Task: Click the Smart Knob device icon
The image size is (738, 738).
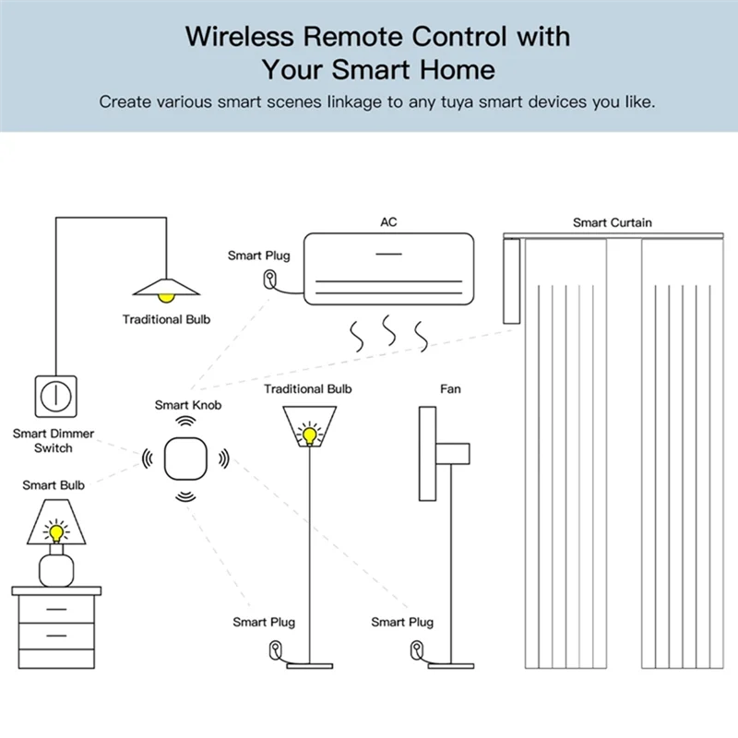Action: pos(187,458)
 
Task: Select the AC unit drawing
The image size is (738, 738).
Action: pos(389,268)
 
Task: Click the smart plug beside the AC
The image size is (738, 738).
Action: pos(270,279)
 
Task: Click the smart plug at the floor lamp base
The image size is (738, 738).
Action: pos(273,649)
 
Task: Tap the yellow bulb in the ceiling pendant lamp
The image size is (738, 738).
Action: pos(166,296)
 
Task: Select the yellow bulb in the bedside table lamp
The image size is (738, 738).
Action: pos(57,531)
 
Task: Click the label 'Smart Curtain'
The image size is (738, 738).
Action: pos(612,222)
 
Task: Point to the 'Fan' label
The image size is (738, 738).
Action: pos(450,389)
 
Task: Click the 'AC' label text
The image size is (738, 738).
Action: pos(388,222)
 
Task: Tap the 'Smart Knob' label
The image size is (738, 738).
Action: pos(188,405)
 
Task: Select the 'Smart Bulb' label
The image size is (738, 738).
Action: pos(54,484)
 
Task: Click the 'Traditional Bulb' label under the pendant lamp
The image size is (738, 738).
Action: pos(166,319)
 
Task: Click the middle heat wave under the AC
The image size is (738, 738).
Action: pos(389,331)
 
